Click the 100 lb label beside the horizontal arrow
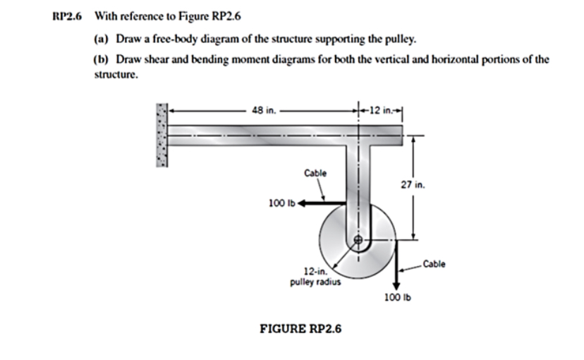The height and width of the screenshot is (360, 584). pos(281,204)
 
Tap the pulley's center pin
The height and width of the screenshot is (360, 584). pos(358,241)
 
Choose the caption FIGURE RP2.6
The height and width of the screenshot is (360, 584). pos(301,329)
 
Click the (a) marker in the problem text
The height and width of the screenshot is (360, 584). pos(101,38)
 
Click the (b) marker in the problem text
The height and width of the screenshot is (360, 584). pos(101,59)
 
